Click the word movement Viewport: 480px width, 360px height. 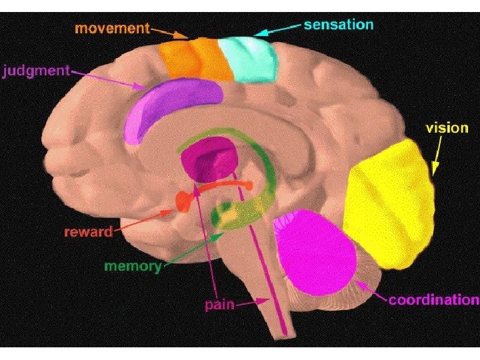coord(111,29)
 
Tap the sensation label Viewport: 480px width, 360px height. coord(338,25)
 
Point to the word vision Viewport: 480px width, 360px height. coord(447,127)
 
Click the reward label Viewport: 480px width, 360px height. coord(88,232)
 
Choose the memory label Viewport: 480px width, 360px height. coord(133,266)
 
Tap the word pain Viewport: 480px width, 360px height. coord(219,305)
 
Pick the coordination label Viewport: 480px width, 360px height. coord(433,299)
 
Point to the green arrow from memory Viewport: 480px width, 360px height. coord(193,247)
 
